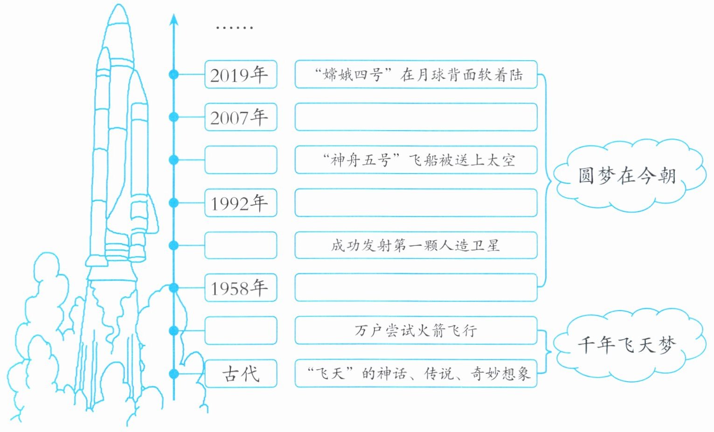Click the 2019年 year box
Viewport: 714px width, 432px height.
[x=241, y=74]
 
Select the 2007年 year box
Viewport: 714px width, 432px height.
[x=241, y=117]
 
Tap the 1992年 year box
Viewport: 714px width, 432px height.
[x=241, y=203]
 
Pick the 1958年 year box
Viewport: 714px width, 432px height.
[x=241, y=287]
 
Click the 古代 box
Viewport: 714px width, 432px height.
[x=241, y=374]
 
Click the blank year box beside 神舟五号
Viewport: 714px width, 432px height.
[x=241, y=160]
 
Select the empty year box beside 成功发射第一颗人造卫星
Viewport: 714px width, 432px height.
[x=241, y=245]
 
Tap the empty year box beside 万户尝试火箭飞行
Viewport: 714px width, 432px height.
[x=241, y=331]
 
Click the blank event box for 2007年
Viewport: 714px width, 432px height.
[x=416, y=117]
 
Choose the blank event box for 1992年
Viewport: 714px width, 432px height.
[x=416, y=203]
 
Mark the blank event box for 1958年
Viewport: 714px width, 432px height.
[x=416, y=287]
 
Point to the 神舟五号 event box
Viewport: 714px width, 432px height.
[x=416, y=160]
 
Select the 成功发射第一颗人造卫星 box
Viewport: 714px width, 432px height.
[x=416, y=245]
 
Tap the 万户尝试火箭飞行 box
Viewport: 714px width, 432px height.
[x=416, y=331]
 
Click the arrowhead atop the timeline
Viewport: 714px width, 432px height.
[x=173, y=20]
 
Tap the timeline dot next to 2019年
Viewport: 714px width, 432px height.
[x=173, y=74]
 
